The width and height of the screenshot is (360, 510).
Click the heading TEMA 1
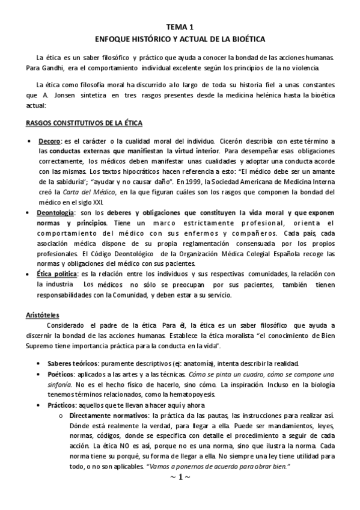180,27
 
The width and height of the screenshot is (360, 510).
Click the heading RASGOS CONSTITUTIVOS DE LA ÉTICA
84,123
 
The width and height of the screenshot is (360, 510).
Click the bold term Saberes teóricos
73,364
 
